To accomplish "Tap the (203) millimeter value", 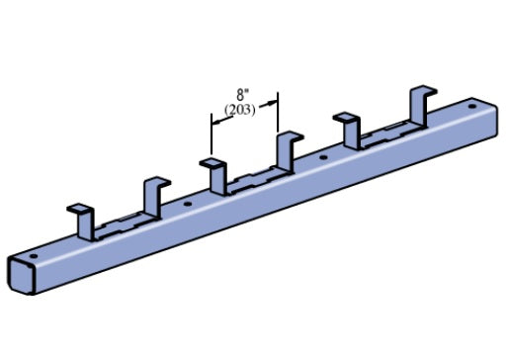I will tap(240, 110).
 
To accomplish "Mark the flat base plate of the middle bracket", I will tap(252, 179).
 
